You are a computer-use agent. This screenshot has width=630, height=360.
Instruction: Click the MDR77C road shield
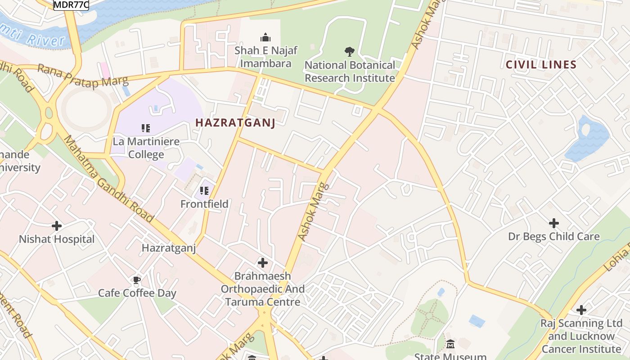coord(71,4)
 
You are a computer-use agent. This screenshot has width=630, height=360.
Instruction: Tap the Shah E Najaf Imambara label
coord(265,57)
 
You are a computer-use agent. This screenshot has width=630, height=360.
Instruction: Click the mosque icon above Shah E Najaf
coord(265,37)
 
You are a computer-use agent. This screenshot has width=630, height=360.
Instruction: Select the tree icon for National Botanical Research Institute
coord(349,52)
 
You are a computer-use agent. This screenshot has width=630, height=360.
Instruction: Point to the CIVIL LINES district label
coord(541,64)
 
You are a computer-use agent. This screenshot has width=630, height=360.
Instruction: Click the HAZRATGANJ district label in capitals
coord(235,122)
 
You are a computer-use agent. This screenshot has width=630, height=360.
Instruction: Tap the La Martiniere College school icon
coord(146,128)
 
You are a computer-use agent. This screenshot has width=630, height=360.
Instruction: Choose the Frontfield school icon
coord(204,191)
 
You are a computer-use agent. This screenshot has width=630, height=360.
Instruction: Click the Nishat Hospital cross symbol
coord(57,225)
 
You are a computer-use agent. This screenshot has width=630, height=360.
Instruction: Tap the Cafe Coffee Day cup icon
coord(137,280)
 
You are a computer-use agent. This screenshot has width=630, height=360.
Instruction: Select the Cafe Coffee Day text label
coord(137,293)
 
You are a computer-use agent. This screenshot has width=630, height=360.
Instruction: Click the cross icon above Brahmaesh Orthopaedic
coord(263,262)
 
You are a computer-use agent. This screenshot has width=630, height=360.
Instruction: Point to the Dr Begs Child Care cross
coord(553,223)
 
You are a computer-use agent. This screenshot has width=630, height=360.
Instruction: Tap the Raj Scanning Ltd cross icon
coord(581,310)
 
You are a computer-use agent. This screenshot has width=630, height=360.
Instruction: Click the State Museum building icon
coord(450,344)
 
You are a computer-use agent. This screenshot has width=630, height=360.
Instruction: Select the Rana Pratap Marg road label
coord(83,75)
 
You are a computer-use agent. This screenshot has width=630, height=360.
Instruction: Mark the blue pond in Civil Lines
coord(587,139)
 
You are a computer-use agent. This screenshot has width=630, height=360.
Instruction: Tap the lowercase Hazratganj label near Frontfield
coord(169,248)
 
